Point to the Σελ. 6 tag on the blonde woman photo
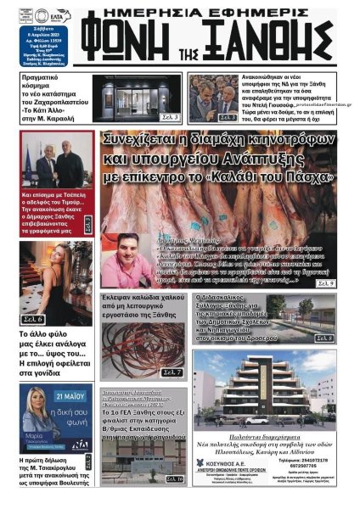pyautogui.click(x=34, y=319)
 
